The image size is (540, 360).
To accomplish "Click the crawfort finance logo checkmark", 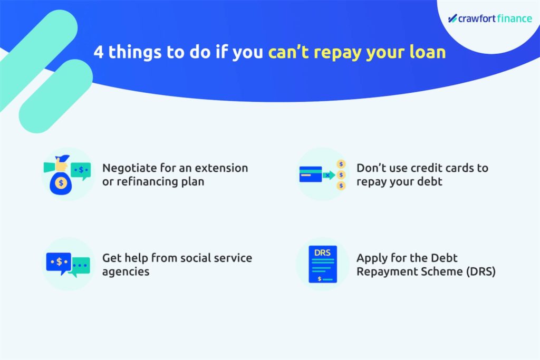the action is tap(452, 18).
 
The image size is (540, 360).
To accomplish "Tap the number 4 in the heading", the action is tap(99, 52).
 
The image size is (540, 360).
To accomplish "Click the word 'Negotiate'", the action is tap(130, 168).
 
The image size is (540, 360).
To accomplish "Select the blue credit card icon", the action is tap(311, 174).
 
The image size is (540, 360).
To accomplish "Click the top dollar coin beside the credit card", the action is tap(341, 164).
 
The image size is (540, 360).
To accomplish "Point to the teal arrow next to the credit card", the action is tap(329, 175).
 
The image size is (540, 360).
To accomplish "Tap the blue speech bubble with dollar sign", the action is tap(59, 262).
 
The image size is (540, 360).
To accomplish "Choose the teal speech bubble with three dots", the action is tap(80, 267).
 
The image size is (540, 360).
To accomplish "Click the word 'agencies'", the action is tap(126, 272).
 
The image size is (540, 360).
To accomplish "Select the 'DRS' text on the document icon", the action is tap(322, 252).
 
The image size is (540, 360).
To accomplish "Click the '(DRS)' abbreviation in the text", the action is tap(481, 271).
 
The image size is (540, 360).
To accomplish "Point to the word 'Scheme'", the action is tap(441, 271).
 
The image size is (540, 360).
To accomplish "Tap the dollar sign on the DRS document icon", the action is tap(320, 279).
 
